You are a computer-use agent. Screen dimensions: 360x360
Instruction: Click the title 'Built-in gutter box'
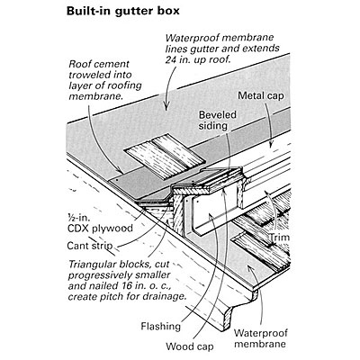tap(123, 11)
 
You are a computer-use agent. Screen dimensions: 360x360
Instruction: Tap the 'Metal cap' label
tap(261, 95)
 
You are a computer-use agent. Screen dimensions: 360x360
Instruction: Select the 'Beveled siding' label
tap(218, 120)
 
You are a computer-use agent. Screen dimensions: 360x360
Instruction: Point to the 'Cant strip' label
tap(90, 246)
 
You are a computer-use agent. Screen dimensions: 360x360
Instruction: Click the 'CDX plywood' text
tap(100, 229)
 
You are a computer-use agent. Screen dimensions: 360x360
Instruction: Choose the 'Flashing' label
tap(161, 326)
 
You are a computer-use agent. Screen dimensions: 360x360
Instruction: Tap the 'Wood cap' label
tap(190, 346)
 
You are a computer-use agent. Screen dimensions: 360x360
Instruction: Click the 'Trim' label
tap(279, 238)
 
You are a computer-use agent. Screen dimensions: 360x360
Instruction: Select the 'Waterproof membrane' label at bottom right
tap(260, 338)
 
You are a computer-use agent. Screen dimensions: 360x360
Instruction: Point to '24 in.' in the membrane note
tap(180, 59)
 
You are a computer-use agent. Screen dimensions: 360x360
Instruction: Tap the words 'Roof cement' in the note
tap(99, 64)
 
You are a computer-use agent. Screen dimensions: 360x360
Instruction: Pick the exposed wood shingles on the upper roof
tap(165, 157)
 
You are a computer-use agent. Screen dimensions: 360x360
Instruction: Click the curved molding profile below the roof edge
tap(237, 308)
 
